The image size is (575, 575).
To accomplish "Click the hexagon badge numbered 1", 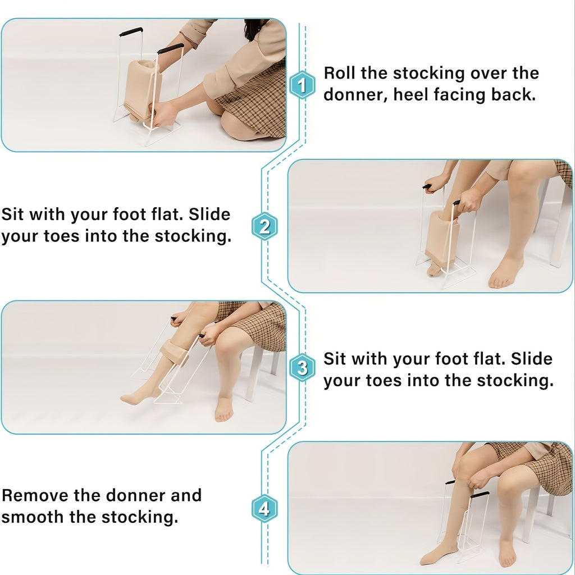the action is (x=302, y=85).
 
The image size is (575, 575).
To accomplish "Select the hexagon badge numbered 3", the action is (x=302, y=367).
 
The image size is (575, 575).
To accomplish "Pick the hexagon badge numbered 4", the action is (x=264, y=509).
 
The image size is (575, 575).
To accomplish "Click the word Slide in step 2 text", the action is (x=209, y=214).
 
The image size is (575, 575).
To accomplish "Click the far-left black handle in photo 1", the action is (x=131, y=31).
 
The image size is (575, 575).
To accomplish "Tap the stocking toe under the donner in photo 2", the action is (x=435, y=268).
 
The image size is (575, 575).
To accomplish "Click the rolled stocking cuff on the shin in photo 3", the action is (x=175, y=353).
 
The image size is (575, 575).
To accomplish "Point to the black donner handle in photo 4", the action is (x=480, y=495).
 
